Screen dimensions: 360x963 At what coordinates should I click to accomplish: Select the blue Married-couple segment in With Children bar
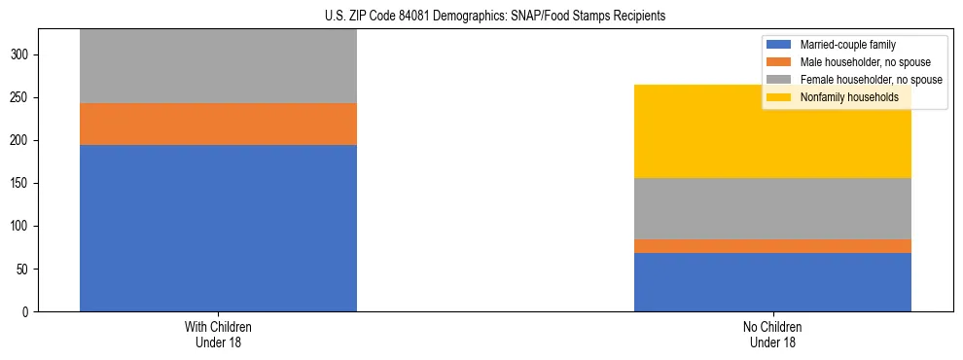[218, 228]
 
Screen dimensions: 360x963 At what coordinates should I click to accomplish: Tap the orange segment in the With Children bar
[218, 124]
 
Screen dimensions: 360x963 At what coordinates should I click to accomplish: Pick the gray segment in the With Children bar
[218, 66]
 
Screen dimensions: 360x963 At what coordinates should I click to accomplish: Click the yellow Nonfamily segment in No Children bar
[772, 136]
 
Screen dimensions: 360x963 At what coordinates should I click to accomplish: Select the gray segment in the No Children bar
[772, 208]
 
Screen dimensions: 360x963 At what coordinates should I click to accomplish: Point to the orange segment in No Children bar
[772, 246]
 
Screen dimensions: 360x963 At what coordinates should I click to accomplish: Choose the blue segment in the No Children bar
[772, 282]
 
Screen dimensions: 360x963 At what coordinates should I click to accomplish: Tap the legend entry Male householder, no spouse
[855, 62]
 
